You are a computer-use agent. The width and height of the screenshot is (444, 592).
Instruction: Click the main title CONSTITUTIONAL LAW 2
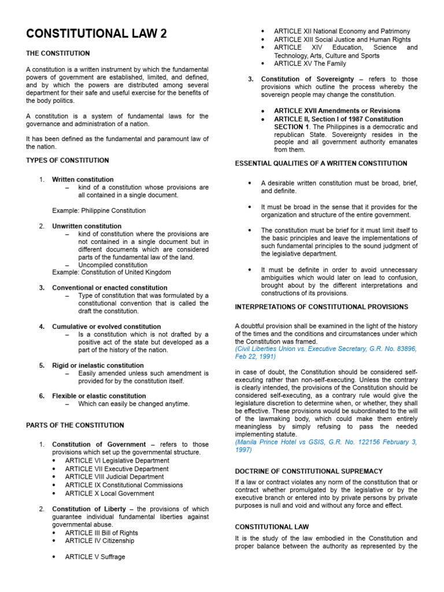click(x=97, y=34)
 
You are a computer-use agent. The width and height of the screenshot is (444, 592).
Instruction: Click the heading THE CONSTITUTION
click(x=58, y=53)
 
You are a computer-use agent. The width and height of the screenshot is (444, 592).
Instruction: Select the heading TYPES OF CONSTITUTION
click(x=67, y=160)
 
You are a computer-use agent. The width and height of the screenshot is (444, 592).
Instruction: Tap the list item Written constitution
click(x=83, y=180)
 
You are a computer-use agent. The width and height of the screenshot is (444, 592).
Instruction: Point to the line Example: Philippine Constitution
click(x=99, y=210)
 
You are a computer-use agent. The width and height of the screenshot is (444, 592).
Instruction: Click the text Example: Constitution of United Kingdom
click(x=111, y=272)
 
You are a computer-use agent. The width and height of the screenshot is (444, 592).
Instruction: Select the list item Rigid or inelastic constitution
click(x=98, y=365)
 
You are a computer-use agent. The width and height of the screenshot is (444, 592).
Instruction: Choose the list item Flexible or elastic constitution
click(x=99, y=396)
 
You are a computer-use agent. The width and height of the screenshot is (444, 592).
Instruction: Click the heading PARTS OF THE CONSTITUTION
click(x=75, y=425)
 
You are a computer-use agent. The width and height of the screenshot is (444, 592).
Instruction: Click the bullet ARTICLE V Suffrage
click(x=95, y=557)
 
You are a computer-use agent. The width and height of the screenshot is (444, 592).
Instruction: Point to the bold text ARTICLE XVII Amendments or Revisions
click(x=336, y=110)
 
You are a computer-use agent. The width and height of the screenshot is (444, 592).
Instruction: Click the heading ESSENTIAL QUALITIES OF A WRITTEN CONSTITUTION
click(x=321, y=164)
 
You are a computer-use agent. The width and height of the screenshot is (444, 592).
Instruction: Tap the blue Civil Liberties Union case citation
click(x=325, y=353)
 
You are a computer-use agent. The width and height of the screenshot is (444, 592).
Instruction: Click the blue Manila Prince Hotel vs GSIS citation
click(x=325, y=446)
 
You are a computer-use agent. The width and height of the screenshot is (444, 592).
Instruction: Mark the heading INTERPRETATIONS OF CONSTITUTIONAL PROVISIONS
click(x=321, y=307)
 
